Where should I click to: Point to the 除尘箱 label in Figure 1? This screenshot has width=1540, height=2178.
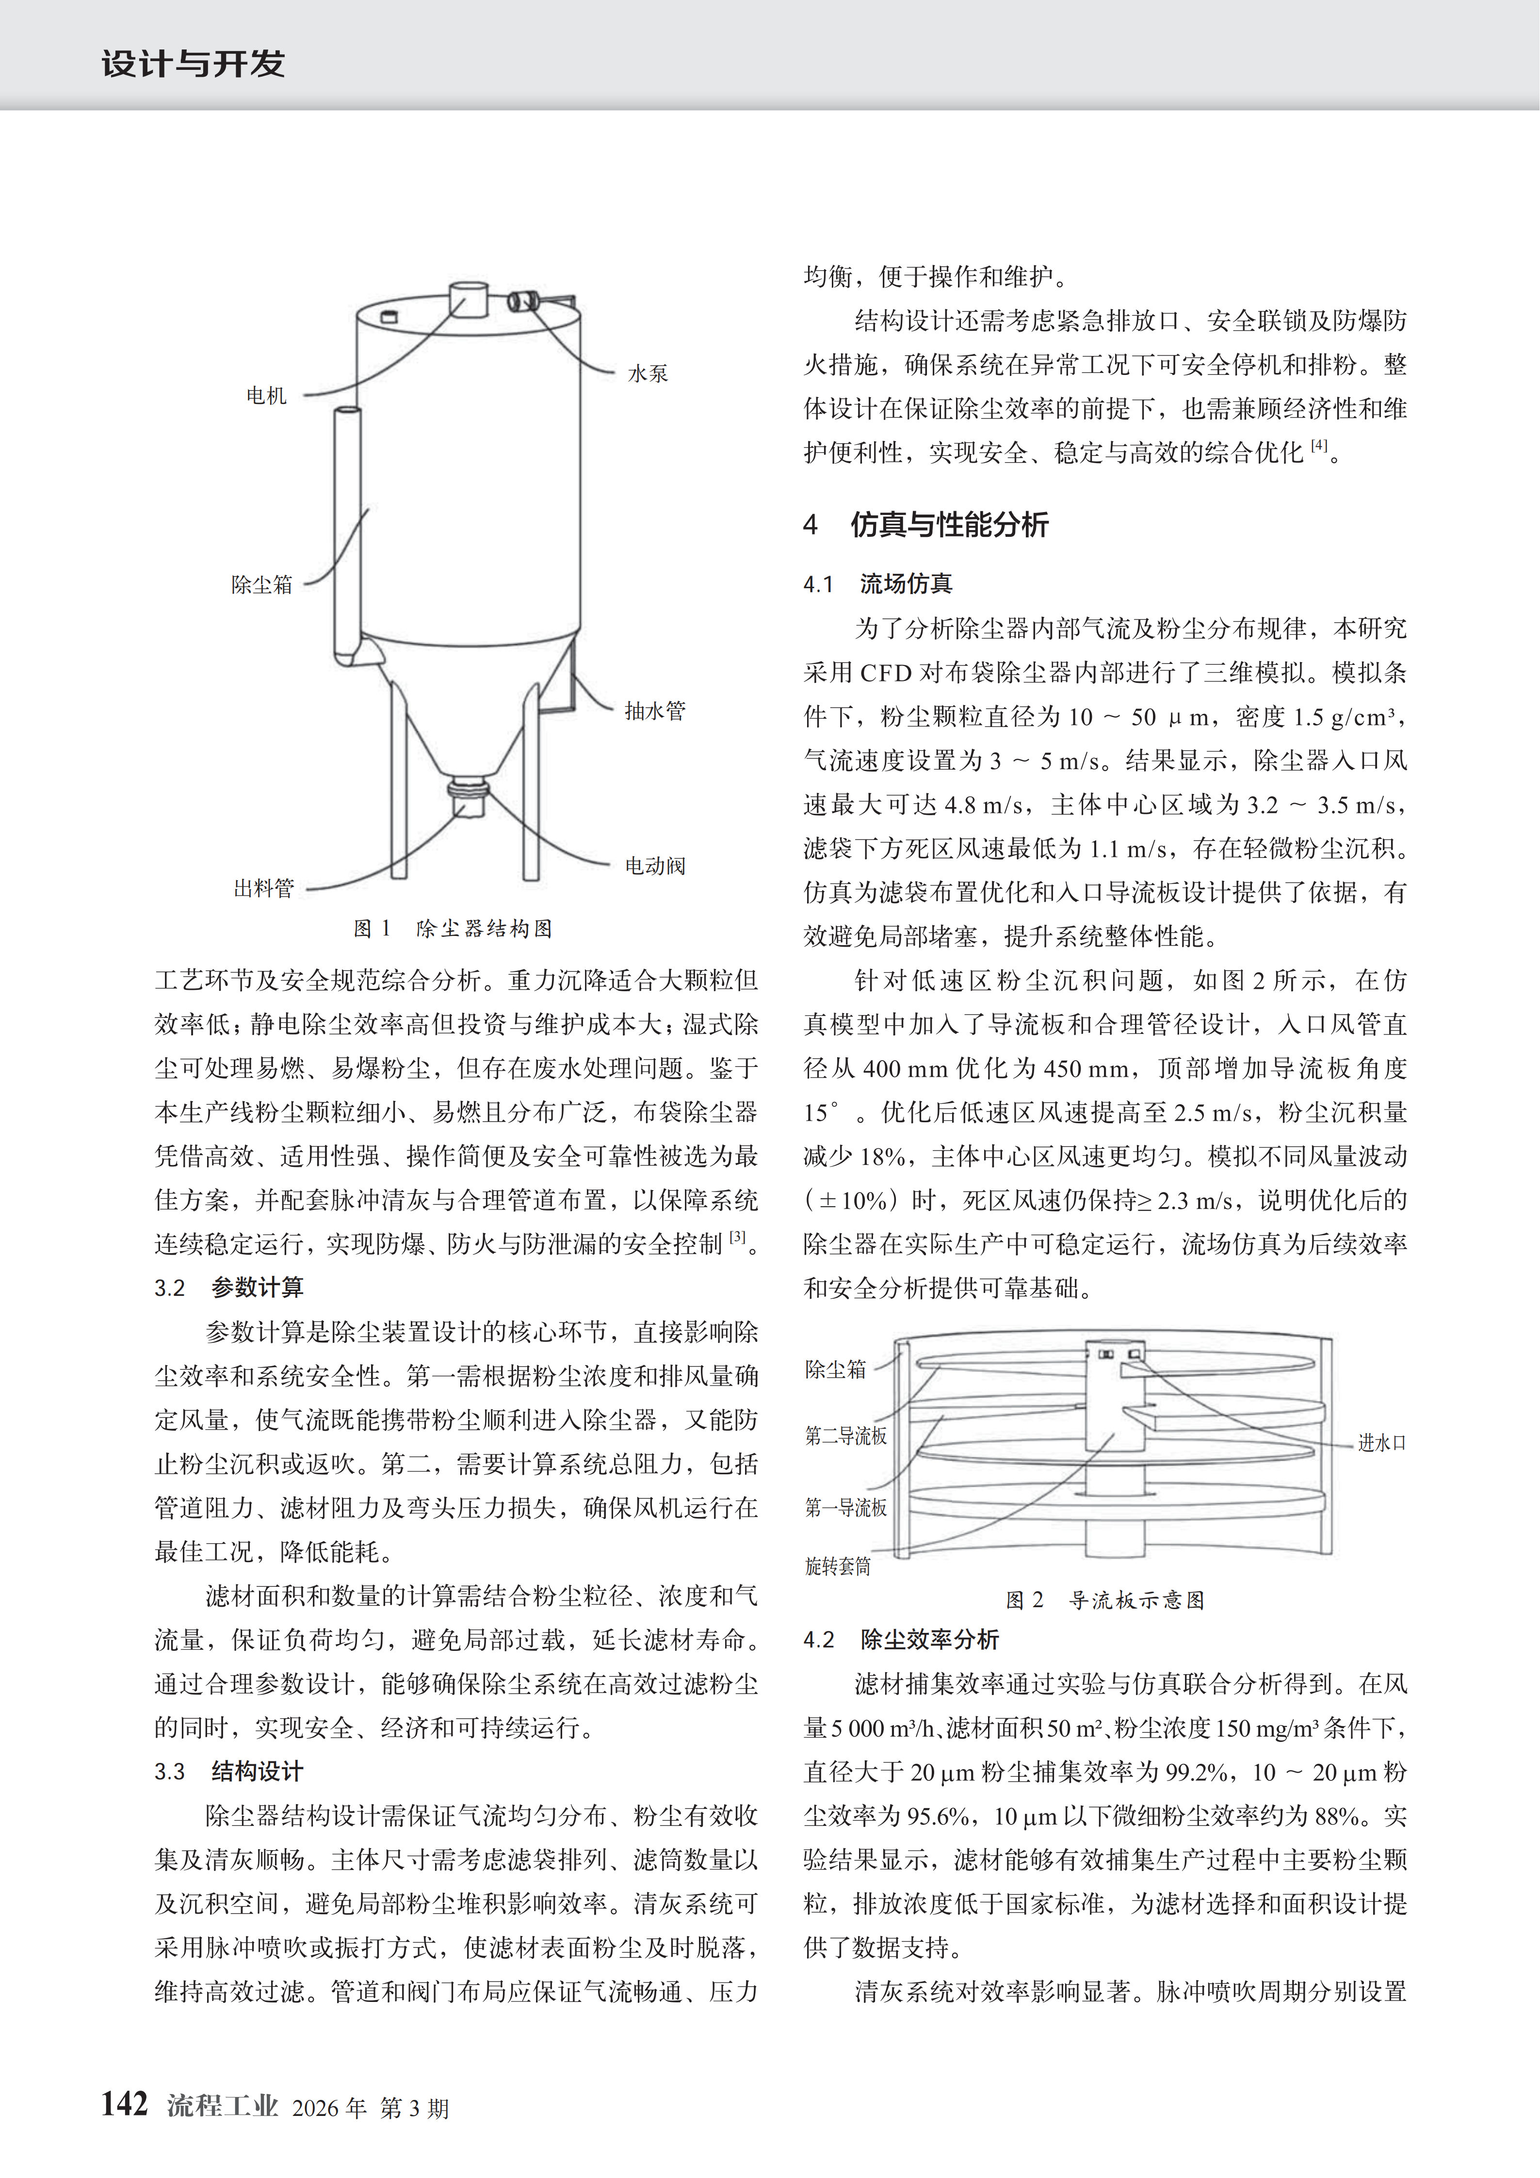pos(262,584)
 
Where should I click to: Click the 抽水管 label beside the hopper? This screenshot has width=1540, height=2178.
pos(655,710)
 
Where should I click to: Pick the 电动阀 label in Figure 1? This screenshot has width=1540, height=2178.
pos(655,865)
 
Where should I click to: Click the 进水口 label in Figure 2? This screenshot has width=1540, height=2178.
pos(1381,1443)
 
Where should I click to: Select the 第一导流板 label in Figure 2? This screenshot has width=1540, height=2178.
pos(845,1507)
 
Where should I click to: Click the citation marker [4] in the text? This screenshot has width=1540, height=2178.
pos(1319,445)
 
